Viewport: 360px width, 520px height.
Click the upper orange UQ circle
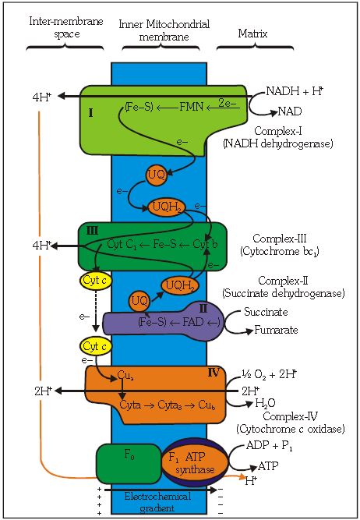coord(155,175)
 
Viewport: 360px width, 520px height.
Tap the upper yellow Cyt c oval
coord(93,280)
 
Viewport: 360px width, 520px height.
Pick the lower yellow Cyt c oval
coord(93,345)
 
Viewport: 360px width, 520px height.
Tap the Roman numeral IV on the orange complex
coord(213,372)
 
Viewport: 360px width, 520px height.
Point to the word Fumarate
coord(275,331)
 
